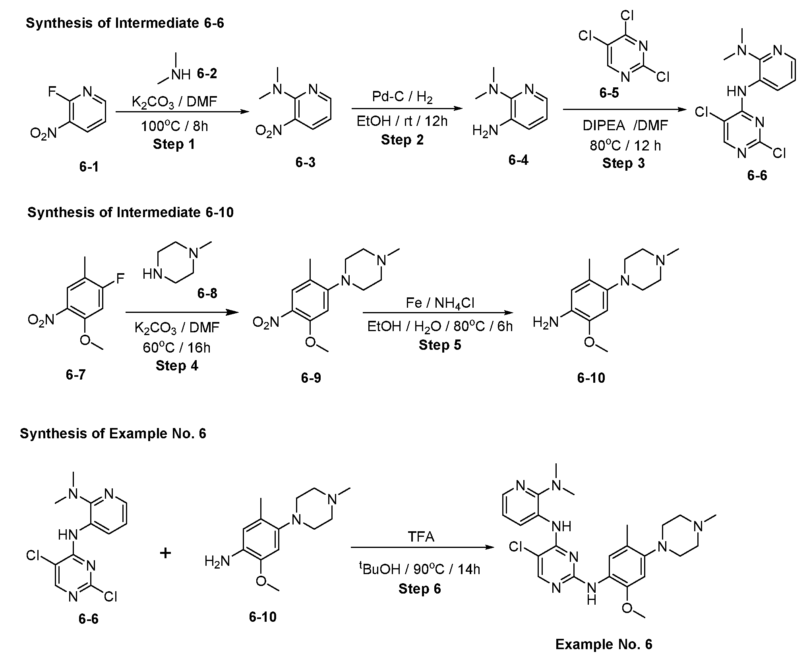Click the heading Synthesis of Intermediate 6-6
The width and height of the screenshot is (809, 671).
click(125, 23)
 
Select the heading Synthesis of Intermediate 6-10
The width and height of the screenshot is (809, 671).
click(130, 212)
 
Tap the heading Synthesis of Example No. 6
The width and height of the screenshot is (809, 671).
click(113, 433)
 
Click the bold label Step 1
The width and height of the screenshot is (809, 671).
click(174, 144)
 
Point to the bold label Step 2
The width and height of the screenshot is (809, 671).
click(402, 140)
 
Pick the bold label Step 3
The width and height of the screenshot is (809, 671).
click(623, 163)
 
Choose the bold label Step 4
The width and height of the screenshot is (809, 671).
click(177, 365)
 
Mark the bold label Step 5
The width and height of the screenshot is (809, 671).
click(440, 345)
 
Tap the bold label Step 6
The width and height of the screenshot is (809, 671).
click(420, 588)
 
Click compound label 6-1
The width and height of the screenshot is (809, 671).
click(89, 167)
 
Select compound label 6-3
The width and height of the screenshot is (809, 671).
click(305, 162)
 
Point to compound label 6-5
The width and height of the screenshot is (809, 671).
click(609, 93)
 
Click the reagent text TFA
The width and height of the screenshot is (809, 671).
click(421, 537)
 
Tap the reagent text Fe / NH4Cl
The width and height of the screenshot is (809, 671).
click(440, 303)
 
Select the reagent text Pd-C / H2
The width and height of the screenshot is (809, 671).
click(402, 96)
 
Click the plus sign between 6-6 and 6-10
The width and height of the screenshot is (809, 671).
click(165, 553)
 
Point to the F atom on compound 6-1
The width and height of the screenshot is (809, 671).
click(52, 92)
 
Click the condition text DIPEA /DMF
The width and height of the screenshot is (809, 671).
click(625, 125)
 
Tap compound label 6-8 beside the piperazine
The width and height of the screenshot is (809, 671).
click(207, 293)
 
